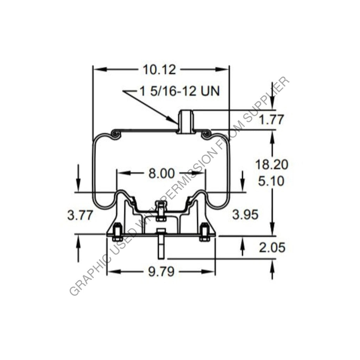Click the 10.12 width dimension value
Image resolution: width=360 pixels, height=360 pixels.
click(159, 70)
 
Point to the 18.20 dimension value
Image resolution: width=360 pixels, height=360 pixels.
click(271, 164)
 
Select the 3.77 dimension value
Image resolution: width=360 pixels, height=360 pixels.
click(80, 215)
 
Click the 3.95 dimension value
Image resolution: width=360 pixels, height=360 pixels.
click(245, 214)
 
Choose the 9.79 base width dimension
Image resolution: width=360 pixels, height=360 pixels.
click(161, 272)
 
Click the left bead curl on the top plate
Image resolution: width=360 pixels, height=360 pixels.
click(115, 134)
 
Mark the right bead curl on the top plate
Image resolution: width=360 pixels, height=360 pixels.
click(207, 134)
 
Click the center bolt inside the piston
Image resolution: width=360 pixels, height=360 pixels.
click(160, 211)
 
